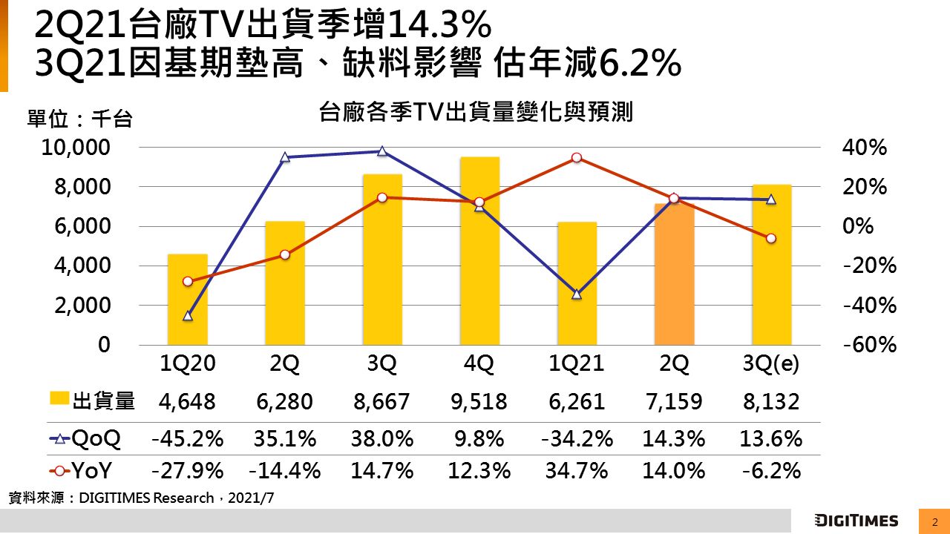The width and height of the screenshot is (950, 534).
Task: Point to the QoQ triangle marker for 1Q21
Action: tap(577, 294)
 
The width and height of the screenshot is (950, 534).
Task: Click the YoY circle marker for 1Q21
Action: tap(577, 158)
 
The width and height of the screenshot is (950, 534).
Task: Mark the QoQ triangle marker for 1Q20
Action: tap(187, 316)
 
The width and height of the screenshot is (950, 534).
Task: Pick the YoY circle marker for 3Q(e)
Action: tap(771, 238)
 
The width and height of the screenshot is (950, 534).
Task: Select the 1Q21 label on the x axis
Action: tap(577, 364)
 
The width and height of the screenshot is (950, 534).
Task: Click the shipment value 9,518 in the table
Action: tap(479, 402)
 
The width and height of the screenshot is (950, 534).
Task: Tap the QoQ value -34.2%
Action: tap(577, 438)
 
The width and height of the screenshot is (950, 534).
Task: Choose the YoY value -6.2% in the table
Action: tap(771, 470)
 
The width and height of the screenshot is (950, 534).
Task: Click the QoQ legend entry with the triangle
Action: tap(85, 438)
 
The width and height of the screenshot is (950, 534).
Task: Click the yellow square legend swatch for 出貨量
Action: tap(60, 400)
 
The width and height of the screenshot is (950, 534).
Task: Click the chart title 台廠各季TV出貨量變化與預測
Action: tap(475, 113)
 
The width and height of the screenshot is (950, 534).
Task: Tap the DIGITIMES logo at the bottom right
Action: tap(856, 521)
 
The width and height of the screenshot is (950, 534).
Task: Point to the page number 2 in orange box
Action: tap(934, 521)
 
